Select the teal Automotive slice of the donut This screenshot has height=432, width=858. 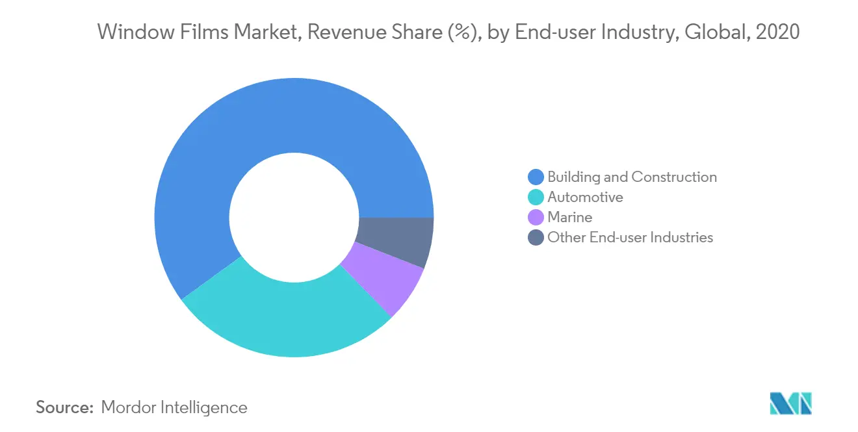[286, 318]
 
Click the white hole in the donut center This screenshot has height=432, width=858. [294, 218]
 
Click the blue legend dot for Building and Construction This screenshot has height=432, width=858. [536, 177]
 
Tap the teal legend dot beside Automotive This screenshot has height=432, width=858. [536, 197]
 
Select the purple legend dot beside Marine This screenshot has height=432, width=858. [536, 217]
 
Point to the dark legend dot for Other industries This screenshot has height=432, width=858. [536, 237]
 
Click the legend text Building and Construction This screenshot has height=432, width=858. [632, 177]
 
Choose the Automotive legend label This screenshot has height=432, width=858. [585, 197]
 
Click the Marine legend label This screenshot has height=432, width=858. [569, 217]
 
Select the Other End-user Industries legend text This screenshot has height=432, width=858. [630, 237]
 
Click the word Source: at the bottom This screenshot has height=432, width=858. [65, 407]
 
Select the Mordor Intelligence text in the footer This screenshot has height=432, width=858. [174, 407]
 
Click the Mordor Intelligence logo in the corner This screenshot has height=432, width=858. [790, 403]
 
